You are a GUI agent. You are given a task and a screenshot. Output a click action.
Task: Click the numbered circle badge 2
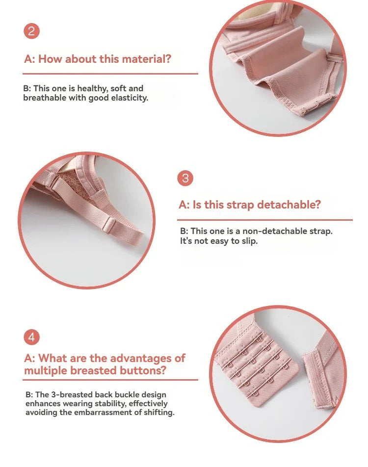pyautogui.click(x=31, y=31)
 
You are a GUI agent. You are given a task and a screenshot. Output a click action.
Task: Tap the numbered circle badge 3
pyautogui.click(x=185, y=178)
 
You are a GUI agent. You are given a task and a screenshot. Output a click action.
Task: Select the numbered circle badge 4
pyautogui.click(x=31, y=337)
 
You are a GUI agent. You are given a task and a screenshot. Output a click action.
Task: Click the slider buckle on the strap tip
pyautogui.click(x=108, y=225)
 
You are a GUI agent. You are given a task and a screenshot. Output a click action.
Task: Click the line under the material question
pyautogui.click(x=110, y=74)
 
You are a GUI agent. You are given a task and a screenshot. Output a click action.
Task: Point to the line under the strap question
pyautogui.click(x=265, y=220)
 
